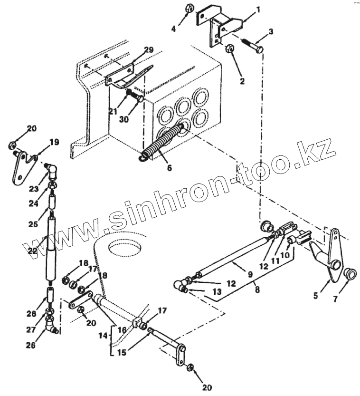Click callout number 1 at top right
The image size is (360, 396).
258,9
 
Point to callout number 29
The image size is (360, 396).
149,50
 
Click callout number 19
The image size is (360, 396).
54,142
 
